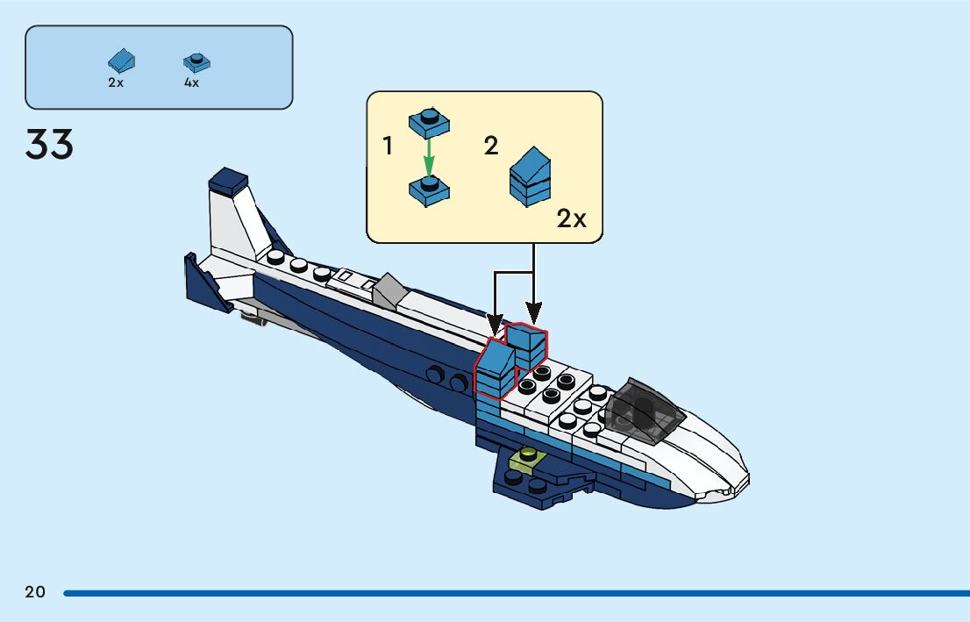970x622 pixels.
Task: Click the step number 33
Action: [x=50, y=145]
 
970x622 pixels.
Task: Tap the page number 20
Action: [x=35, y=592]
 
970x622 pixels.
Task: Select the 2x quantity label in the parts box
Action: [x=116, y=82]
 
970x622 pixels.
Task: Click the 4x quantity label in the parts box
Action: [x=191, y=82]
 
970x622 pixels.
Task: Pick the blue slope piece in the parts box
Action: [x=122, y=61]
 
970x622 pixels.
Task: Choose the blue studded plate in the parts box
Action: [x=197, y=62]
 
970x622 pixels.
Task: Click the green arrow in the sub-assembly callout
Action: [x=429, y=158]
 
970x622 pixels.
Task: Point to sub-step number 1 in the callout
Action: [x=389, y=147]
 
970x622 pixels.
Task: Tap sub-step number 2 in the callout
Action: [x=491, y=147]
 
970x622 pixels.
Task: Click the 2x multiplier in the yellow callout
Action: [x=571, y=219]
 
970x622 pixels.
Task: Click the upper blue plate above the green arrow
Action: [x=429, y=124]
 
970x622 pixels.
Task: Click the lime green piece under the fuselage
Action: [x=529, y=458]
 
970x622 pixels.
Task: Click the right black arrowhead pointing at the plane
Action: [x=533, y=311]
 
